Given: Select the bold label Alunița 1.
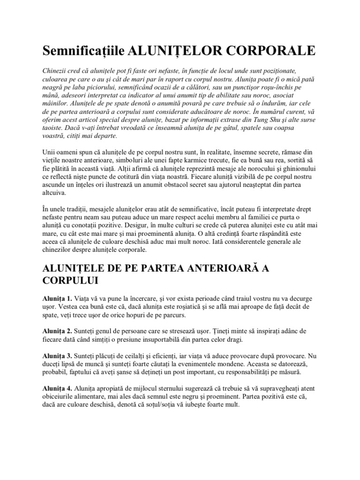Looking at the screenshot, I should pyautogui.click(x=57, y=299).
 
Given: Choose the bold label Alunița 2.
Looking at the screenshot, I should pyautogui.click(x=57, y=331).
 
